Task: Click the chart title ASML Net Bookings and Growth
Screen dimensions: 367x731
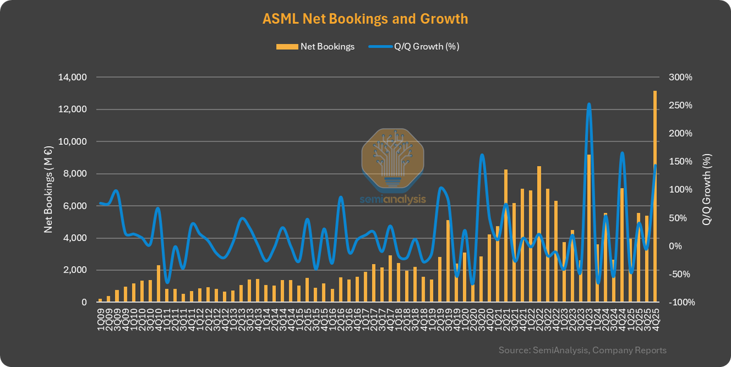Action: point(365,19)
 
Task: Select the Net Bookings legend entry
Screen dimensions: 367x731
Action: point(316,46)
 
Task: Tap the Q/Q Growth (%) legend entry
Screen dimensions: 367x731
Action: point(414,46)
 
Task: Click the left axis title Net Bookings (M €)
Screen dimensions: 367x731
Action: point(48,190)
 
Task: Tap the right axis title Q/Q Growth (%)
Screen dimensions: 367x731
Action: point(707,190)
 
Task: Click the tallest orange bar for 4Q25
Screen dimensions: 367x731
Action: point(655,195)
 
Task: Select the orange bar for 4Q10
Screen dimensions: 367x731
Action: point(158,284)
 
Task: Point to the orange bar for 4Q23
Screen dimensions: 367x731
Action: point(588,228)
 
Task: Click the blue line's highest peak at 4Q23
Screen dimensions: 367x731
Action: point(589,104)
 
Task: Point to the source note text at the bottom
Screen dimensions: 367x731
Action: point(582,350)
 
